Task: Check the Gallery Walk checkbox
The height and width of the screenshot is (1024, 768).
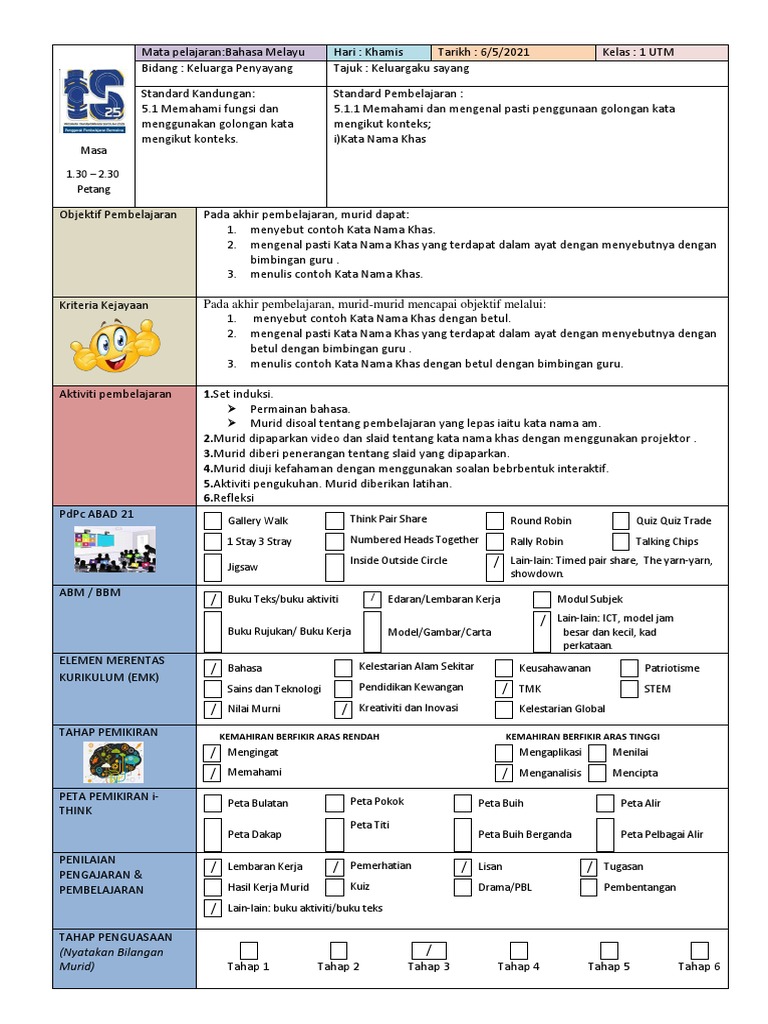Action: [213, 521]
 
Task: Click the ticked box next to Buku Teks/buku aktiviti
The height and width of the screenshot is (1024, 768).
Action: [213, 600]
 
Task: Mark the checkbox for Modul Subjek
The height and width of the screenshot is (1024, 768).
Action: [541, 600]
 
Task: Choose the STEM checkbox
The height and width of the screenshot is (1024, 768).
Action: [628, 689]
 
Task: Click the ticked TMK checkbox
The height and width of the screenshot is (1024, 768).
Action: [504, 689]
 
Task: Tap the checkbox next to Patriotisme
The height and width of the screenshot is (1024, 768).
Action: [628, 668]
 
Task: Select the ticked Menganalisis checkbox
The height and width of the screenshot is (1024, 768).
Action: [504, 773]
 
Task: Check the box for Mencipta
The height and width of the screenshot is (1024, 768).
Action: [597, 773]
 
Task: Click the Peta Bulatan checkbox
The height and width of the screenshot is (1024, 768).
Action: [213, 803]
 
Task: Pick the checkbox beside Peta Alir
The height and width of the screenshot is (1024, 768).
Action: [605, 803]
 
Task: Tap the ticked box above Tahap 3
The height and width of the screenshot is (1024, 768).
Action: [428, 950]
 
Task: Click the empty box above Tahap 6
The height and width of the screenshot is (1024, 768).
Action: [699, 950]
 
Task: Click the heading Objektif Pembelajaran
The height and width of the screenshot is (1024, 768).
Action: [118, 215]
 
